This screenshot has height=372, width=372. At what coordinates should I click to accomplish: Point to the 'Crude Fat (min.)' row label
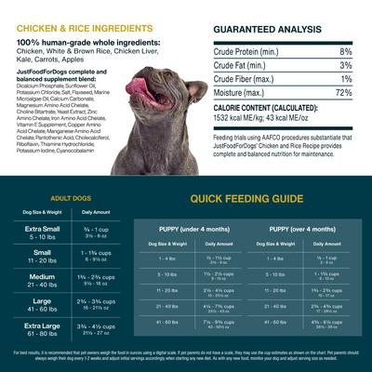click(243, 66)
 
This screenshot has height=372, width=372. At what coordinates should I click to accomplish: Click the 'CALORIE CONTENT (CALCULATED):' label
click(271, 108)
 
